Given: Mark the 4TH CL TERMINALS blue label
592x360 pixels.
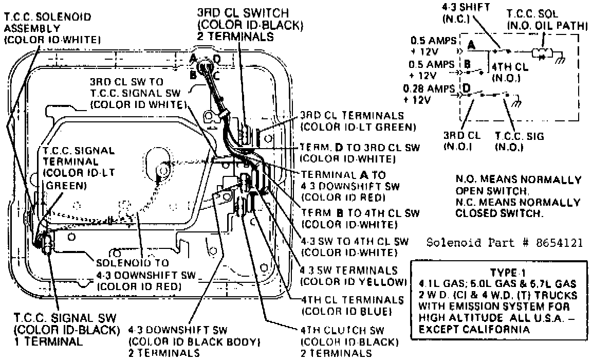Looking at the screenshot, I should click(352, 304).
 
